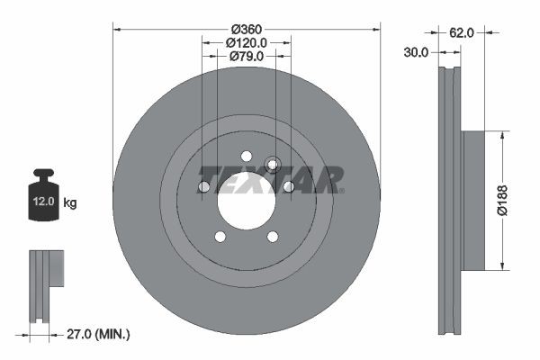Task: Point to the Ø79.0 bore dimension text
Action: tap(246, 57)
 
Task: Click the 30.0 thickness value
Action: tap(415, 52)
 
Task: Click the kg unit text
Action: tap(69, 203)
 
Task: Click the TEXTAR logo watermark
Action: tap(270, 179)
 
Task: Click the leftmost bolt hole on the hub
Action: tap(203, 187)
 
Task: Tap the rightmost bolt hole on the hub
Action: tap(289, 187)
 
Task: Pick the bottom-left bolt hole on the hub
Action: tap(220, 238)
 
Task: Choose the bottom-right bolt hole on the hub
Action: tap(273, 238)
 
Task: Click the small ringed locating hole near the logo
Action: tap(274, 164)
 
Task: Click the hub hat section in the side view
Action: tap(472, 200)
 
